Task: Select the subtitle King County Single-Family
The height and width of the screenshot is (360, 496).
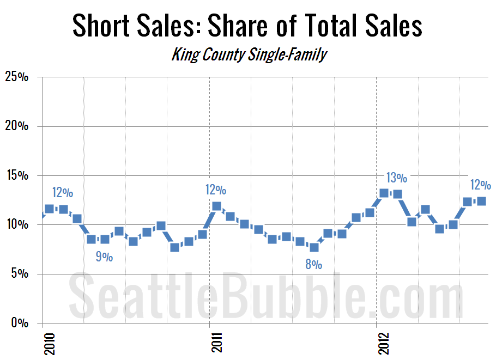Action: coord(249,54)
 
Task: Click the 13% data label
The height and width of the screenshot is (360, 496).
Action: coord(396,178)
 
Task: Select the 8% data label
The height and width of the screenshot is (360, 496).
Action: coord(313,265)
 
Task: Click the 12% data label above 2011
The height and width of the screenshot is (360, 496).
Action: coord(216,190)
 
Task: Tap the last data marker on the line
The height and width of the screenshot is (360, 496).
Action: coord(481,201)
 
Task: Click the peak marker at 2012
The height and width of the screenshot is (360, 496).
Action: coord(384,193)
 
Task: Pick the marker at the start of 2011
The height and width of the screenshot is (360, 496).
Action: coord(216,206)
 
